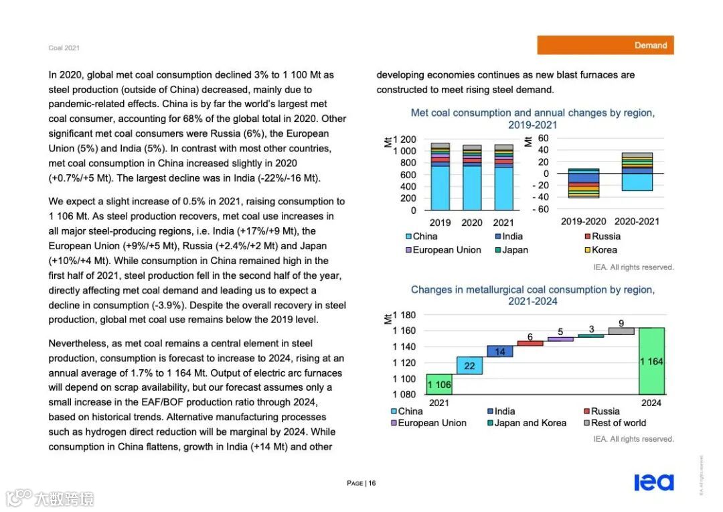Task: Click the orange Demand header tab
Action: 605,45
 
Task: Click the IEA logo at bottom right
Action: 653,483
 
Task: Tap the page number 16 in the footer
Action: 372,483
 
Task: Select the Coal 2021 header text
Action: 64,48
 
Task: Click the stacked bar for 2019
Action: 440,177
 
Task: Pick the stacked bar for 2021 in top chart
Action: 503,177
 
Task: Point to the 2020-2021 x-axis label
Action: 637,222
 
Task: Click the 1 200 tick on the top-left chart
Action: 404,139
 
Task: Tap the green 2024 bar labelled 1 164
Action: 651,361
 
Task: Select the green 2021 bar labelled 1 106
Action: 439,384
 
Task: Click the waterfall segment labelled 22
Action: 469,365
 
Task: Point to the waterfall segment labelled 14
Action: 500,351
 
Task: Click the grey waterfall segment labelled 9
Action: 621,330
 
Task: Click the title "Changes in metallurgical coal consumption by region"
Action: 532,290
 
